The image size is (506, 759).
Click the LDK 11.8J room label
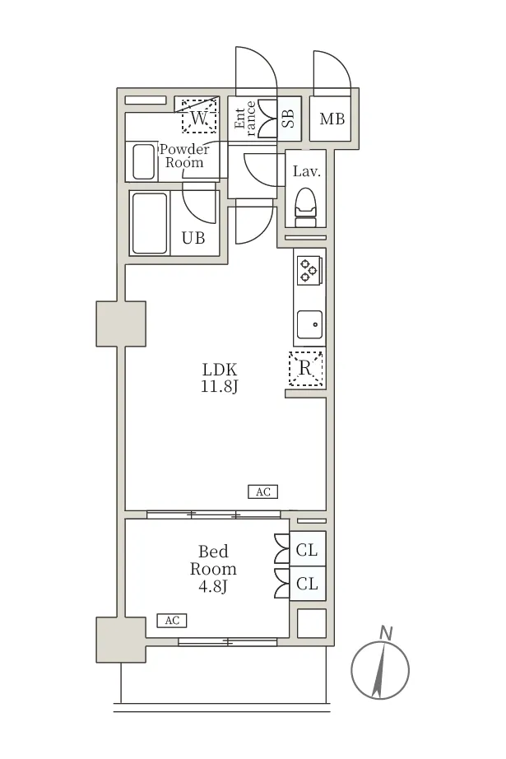[220, 378]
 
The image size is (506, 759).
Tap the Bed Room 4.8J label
[213, 569]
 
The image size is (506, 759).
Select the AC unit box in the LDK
[262, 491]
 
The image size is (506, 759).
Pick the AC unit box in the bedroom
[172, 621]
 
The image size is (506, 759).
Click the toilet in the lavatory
[305, 207]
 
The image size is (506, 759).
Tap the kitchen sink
[309, 324]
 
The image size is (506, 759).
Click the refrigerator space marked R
[306, 369]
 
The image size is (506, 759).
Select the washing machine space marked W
[199, 116]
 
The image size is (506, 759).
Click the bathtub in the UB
[150, 223]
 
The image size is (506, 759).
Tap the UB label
[193, 238]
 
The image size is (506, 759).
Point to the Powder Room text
[184, 156]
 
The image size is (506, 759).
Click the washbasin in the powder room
[144, 161]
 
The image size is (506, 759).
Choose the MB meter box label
[332, 119]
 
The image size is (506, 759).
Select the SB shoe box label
[288, 119]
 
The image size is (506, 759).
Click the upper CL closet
[307, 549]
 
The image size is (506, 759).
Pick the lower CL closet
[307, 584]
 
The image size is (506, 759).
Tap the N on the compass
[386, 633]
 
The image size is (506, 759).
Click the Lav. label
[307, 171]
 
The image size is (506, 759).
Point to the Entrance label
[245, 119]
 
